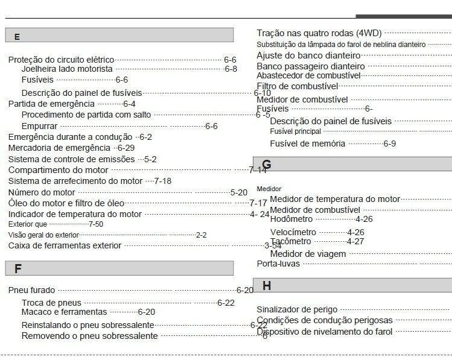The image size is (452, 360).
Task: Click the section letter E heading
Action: click(x=17, y=37)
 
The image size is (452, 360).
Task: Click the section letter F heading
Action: click(x=18, y=269)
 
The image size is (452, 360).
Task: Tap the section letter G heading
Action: click(x=267, y=165)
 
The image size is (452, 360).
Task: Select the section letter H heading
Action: click(x=267, y=286)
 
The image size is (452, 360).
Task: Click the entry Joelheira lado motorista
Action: click(x=67, y=69)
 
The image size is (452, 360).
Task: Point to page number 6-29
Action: click(x=126, y=148)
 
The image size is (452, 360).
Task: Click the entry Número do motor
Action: click(x=42, y=192)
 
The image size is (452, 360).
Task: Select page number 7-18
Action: click(x=163, y=181)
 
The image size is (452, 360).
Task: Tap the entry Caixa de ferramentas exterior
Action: click(x=65, y=245)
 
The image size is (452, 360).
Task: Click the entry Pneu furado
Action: click(x=31, y=290)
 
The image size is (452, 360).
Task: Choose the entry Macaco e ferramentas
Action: click(x=64, y=312)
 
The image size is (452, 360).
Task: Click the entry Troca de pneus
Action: click(x=51, y=303)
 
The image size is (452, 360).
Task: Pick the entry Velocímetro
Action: click(x=293, y=232)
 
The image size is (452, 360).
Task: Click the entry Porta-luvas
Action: click(x=278, y=264)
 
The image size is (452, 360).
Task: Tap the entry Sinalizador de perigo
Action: click(x=297, y=309)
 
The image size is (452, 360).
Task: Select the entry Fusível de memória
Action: click(x=307, y=144)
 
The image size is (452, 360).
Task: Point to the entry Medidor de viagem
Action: click(x=308, y=254)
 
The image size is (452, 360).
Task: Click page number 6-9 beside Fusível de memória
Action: click(x=390, y=144)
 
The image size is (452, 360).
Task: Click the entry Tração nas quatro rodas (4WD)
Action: click(x=319, y=33)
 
